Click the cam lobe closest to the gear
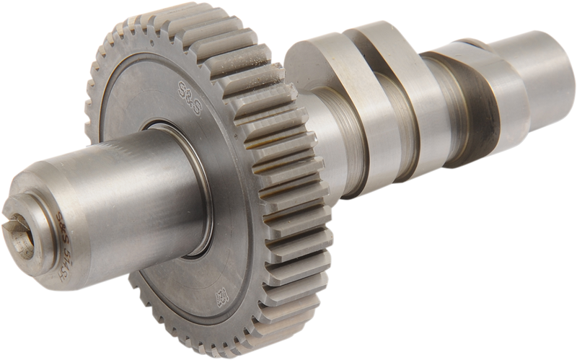click(317, 72)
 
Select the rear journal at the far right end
click(534, 72)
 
